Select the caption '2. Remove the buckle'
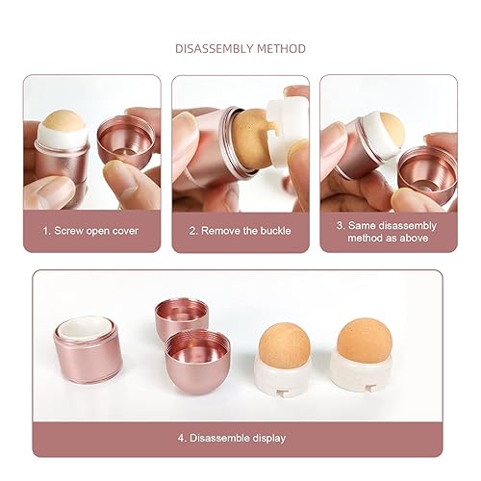(x=240, y=231)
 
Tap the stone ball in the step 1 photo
(x=64, y=124)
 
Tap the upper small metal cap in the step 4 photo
(x=181, y=317)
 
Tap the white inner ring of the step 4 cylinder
(x=89, y=330)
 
